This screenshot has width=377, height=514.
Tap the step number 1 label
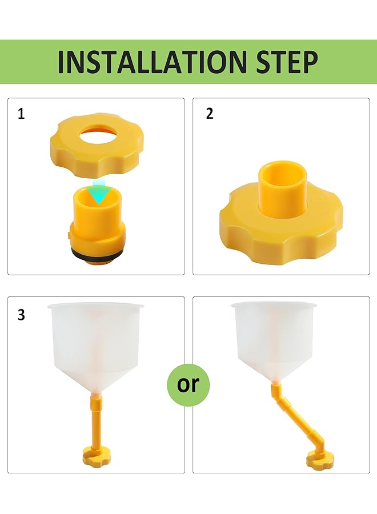21,114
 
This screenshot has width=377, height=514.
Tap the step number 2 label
210,114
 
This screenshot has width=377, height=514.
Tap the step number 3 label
21,315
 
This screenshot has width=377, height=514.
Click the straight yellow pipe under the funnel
95,420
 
